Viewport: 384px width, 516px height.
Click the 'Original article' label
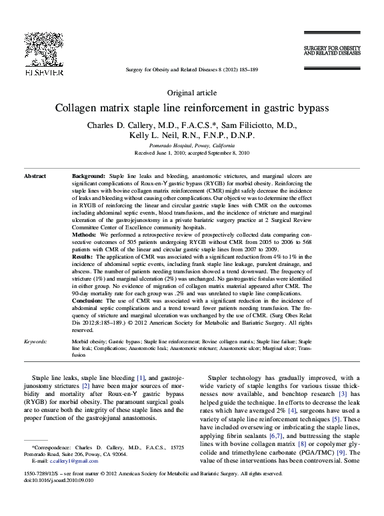[x=191, y=93]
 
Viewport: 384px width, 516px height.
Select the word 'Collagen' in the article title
[x=78, y=107]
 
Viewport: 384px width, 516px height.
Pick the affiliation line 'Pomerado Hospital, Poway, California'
[x=191, y=145]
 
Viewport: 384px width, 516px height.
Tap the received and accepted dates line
[x=191, y=153]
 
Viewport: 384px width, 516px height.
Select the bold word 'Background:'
[x=89, y=175]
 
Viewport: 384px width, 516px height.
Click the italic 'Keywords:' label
[x=35, y=341]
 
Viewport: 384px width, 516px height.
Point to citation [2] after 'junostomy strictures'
[x=86, y=386]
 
